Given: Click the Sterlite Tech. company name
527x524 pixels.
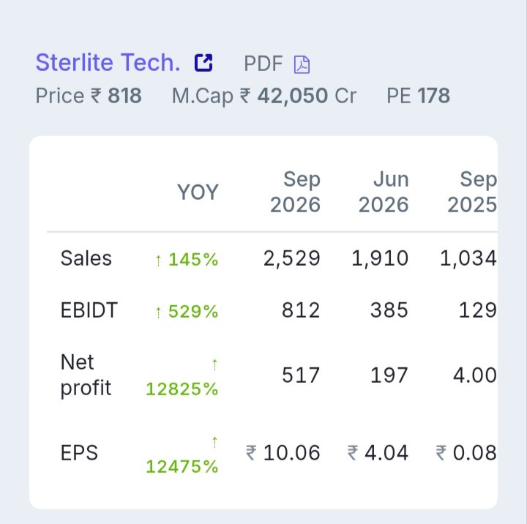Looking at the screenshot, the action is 108,63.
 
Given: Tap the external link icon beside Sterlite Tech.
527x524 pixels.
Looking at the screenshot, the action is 203,63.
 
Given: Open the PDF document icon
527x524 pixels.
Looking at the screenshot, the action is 302,64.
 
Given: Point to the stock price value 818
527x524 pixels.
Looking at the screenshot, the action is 124,96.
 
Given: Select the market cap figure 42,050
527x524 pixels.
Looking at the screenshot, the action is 292,96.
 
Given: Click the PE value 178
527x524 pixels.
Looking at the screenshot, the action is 433,96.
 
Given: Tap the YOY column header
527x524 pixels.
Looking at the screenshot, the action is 198,192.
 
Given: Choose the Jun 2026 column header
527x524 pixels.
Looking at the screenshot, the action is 384,192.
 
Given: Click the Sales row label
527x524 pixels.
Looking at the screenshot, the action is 86,258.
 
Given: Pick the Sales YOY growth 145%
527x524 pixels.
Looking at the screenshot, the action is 193,260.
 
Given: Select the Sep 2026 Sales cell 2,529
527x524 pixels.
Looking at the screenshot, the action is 292,258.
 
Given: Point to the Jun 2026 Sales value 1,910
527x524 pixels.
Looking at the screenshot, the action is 380,258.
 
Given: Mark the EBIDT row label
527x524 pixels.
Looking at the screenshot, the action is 89,310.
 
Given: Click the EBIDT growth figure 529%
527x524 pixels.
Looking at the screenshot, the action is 193,311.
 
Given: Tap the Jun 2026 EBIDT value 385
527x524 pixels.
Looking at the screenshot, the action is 389,310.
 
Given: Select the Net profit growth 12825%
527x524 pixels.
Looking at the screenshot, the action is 182,389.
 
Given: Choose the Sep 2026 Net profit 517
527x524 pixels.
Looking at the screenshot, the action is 301,375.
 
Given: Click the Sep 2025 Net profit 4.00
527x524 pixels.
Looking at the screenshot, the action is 474,375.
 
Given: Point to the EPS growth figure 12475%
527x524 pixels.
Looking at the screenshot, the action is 182,466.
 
